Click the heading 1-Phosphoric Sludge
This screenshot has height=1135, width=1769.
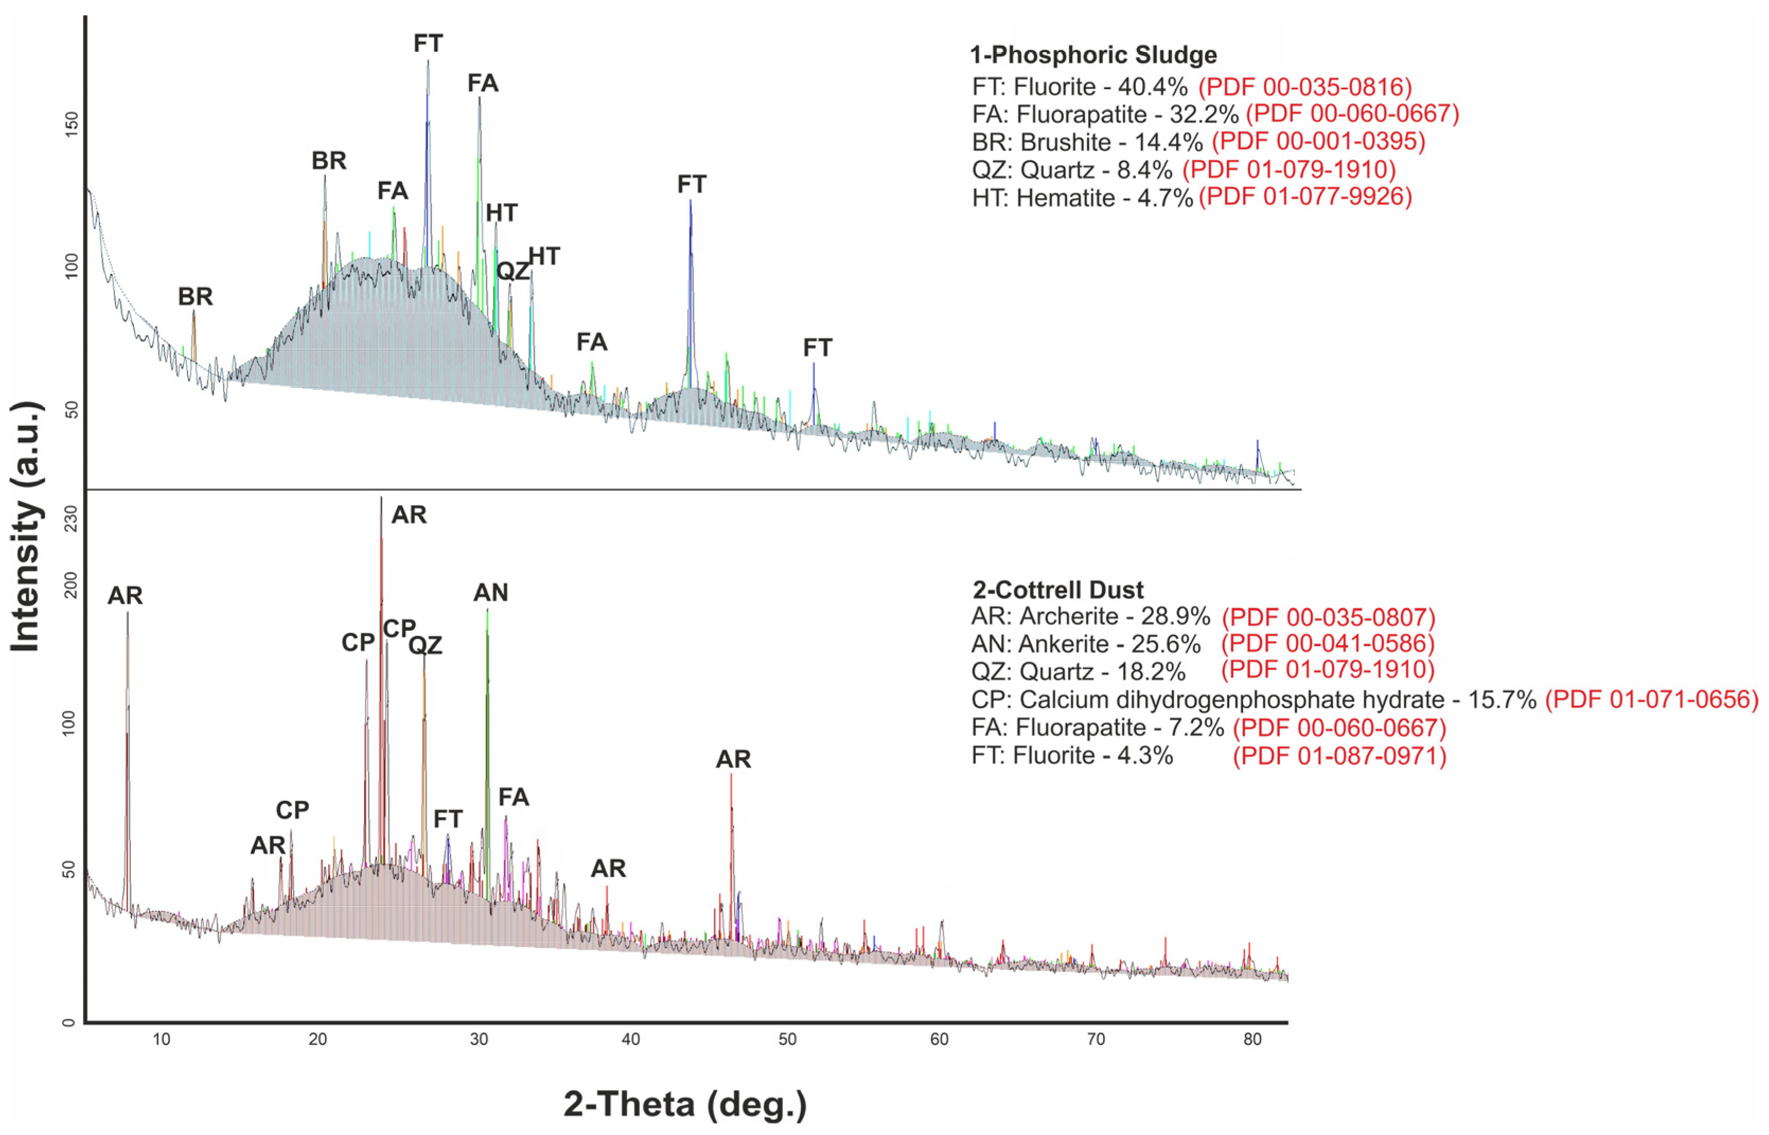coord(1092,55)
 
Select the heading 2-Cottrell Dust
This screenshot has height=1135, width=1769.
coord(1057,591)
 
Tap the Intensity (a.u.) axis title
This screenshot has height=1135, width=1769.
coord(26,526)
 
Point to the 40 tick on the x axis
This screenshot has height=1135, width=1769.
coord(631,1040)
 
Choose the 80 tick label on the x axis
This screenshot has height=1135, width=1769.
coord(1252,1040)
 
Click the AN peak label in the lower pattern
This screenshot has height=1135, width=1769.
coord(490,593)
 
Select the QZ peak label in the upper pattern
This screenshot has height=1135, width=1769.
coord(512,271)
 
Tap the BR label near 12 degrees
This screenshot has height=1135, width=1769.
coord(195,297)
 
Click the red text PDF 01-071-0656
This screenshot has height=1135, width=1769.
coord(1651,700)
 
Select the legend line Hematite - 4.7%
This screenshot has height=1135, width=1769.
coord(1081,198)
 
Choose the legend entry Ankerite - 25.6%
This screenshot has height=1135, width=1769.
coord(1086,644)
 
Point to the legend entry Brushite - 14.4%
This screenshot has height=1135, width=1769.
coord(1087,141)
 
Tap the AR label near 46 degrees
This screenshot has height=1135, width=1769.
coord(733,759)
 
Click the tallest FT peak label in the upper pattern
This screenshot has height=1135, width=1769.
coord(428,43)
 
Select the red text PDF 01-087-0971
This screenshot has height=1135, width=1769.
coord(1339,756)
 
